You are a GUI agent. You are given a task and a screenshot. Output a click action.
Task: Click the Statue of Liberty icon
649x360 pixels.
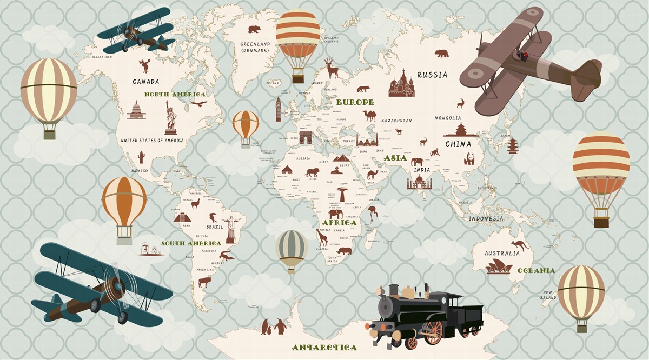tap(170, 117)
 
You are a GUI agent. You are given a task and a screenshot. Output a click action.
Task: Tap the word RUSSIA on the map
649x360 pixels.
tap(432, 75)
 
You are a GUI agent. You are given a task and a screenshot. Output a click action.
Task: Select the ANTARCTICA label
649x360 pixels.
tap(324, 348)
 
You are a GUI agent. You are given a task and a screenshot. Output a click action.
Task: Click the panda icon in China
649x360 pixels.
tap(469, 158)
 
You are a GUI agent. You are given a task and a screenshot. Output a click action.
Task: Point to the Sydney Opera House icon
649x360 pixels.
tap(499, 266)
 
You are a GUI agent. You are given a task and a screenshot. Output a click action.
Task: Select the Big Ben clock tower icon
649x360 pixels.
tap(279, 109)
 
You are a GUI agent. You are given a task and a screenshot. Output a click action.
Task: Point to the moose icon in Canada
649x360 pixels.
tap(144, 66)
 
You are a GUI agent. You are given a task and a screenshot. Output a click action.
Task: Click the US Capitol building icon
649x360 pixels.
tap(136, 111)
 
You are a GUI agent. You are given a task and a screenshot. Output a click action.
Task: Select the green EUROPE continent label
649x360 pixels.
tap(355, 102)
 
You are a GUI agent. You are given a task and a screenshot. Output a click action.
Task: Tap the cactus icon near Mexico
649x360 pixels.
tap(141, 157)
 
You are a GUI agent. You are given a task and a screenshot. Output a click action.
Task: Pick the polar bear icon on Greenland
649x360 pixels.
tap(254, 29)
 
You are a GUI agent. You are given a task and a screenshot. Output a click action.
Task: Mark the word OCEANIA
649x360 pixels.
tap(536, 270)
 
